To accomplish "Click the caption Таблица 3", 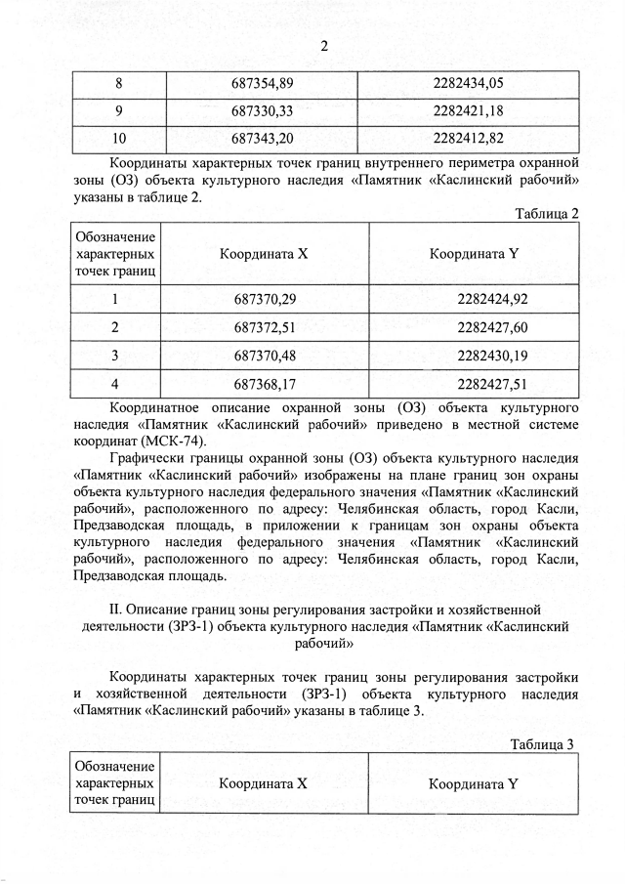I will pyautogui.click(x=542, y=744).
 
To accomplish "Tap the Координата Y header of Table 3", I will pyautogui.click(x=473, y=783).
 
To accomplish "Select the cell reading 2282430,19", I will pyautogui.click(x=473, y=355).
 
